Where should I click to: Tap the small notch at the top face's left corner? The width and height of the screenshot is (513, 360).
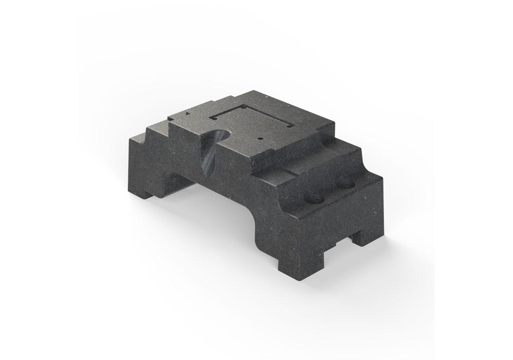pyautogui.click(x=171, y=119)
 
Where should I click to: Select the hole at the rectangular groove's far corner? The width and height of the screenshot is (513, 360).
pyautogui.click(x=243, y=108)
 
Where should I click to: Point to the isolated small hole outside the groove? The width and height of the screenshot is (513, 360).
pyautogui.click(x=261, y=139)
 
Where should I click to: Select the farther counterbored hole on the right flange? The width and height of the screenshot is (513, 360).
pyautogui.click(x=345, y=184)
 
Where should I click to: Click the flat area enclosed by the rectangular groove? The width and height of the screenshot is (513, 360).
pyautogui.click(x=252, y=121)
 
